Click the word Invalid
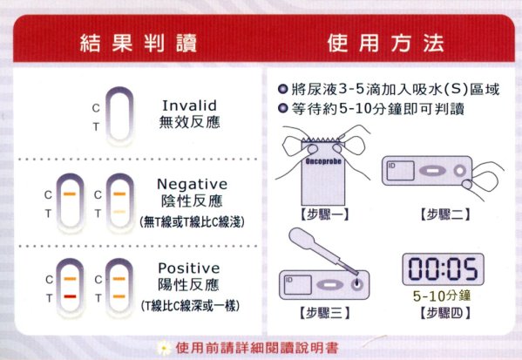coord(189,105)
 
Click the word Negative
coord(192,184)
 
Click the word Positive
coord(189,268)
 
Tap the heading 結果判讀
coord(139,43)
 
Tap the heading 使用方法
coord(385,43)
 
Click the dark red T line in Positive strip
coord(70,296)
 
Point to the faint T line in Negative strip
coord(119,212)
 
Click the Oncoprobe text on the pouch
coord(323,161)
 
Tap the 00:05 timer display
coord(443,269)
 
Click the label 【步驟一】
coord(324,214)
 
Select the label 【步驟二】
coord(444,214)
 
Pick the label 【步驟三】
coord(324,313)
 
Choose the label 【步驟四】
coord(444,313)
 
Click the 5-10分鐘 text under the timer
coord(442,295)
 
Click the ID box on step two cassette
coord(401,171)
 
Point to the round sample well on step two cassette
coord(460,171)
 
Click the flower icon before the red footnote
coord(164,348)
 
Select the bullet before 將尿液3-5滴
coord(282,89)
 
